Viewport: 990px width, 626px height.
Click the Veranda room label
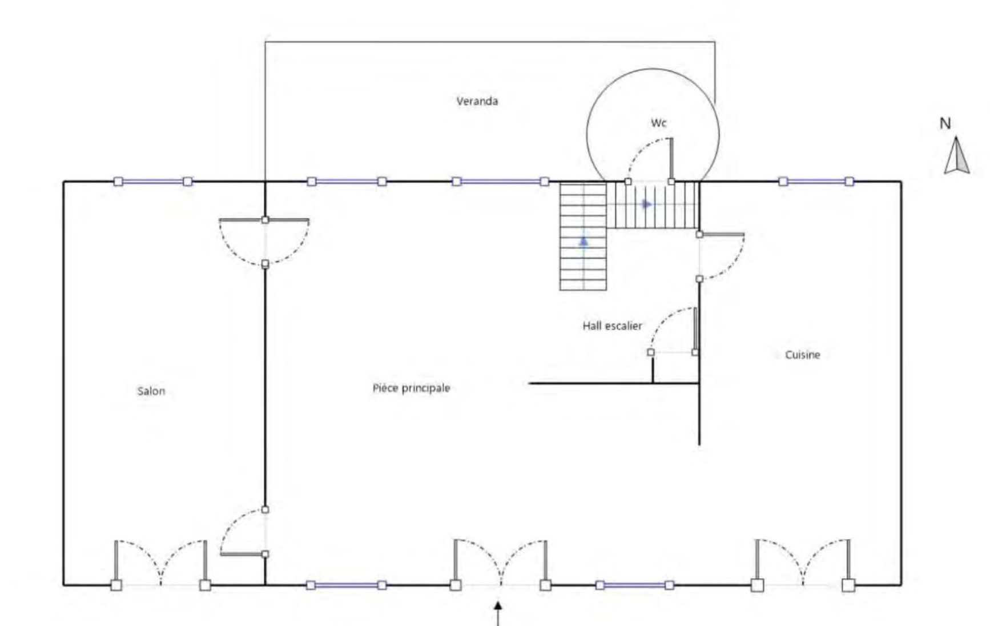pos(477,101)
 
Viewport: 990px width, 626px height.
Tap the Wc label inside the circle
pos(658,122)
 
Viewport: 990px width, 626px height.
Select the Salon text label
pos(151,391)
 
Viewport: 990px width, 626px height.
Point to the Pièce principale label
pos(411,388)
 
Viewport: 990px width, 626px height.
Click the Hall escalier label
pos(612,326)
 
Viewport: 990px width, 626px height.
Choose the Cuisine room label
pos(802,355)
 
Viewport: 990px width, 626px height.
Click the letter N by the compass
pos(945,123)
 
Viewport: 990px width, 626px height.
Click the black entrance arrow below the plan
pos(498,613)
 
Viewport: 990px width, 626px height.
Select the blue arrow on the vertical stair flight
pos(583,242)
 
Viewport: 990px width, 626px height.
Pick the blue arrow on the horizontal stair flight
pos(646,204)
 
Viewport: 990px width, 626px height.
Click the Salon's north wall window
pos(152,182)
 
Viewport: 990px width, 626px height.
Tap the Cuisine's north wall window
pos(816,182)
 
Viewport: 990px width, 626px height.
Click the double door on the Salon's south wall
pos(160,563)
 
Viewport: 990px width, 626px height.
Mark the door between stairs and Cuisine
pos(722,256)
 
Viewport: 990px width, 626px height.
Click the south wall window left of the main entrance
pos(347,585)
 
